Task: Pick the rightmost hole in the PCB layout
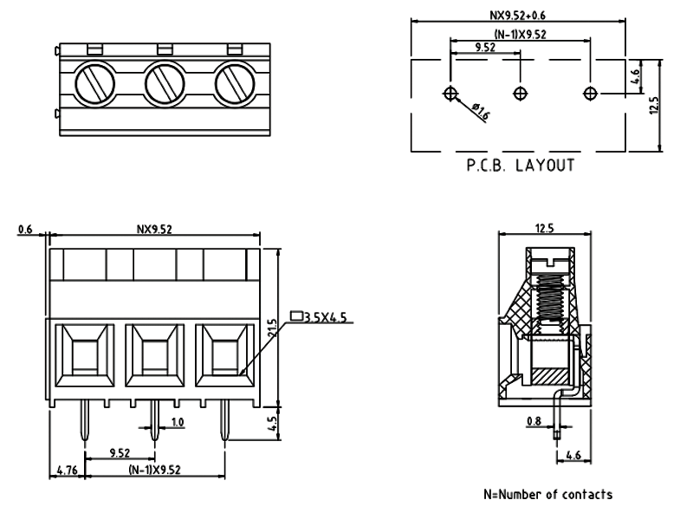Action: [x=590, y=93]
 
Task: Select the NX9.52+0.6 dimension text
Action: [x=519, y=13]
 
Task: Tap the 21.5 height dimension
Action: [x=270, y=329]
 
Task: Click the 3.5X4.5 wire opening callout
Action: [x=323, y=317]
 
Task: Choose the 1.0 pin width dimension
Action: [x=177, y=423]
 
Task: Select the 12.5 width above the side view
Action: [x=545, y=228]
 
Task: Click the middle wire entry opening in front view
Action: [x=154, y=355]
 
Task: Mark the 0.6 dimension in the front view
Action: [x=24, y=230]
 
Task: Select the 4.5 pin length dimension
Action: [x=270, y=425]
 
